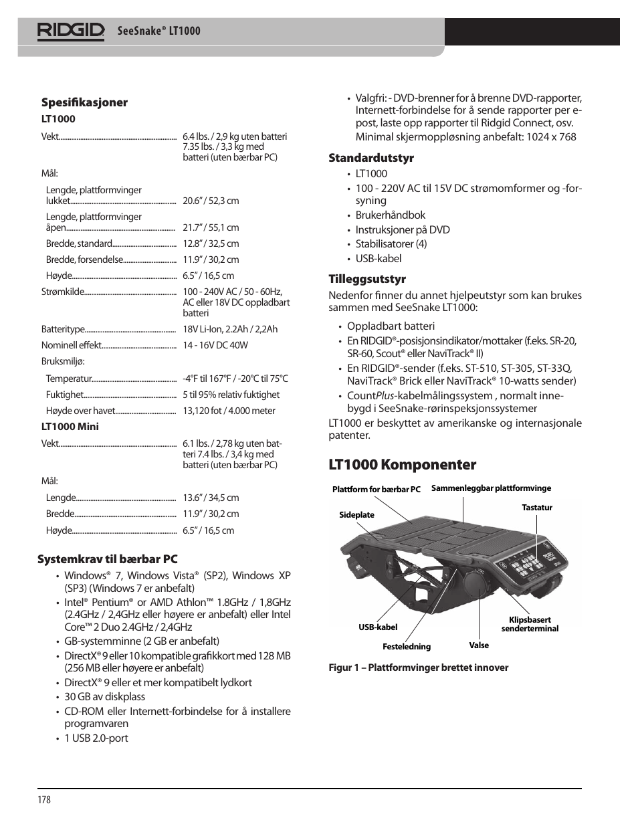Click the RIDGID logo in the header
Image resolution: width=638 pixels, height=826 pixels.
point(71,31)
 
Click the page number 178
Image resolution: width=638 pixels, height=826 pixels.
point(44,800)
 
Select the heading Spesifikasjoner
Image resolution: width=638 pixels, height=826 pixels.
point(84,102)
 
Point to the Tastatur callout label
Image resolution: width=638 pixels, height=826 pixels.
point(537,508)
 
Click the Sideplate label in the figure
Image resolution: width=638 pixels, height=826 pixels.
point(356,515)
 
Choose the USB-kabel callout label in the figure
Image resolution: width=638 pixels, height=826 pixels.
point(378,627)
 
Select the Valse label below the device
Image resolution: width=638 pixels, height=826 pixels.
point(479,645)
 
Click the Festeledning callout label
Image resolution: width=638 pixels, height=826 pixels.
point(407,647)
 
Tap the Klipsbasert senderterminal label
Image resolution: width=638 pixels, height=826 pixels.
point(530,624)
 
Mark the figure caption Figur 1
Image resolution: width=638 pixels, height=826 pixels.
point(418,667)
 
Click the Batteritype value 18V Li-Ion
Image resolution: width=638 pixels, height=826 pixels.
point(229,329)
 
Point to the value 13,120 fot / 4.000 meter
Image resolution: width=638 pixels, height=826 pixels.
point(229,411)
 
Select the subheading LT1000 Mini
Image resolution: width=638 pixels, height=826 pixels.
point(70,426)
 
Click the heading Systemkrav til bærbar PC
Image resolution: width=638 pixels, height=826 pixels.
point(108,558)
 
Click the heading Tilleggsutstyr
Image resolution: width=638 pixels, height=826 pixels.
point(367,279)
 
